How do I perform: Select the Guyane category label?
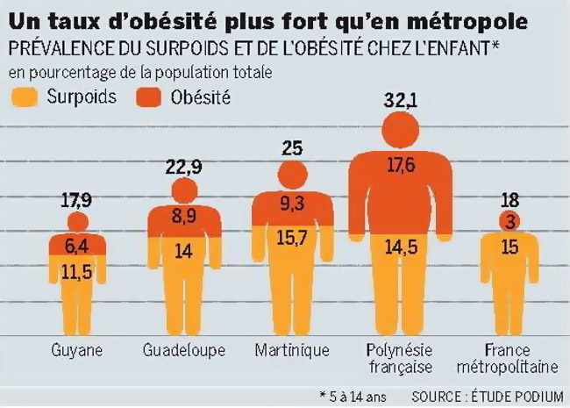78,350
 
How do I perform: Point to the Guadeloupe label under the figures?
183,350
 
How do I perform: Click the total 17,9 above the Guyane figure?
78,201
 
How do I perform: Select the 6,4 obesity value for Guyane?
78,244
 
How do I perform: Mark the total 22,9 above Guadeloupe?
183,166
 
